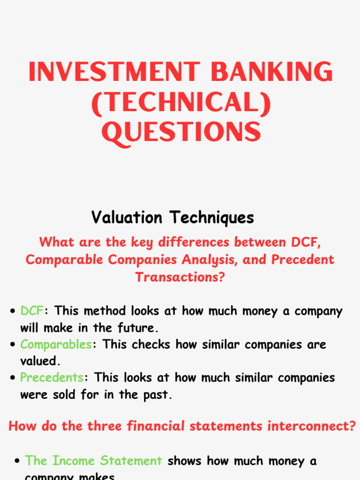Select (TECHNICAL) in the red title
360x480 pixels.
click(181, 103)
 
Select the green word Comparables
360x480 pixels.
click(56, 344)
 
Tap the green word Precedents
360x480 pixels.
click(52, 377)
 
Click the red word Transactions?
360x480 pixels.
click(180, 277)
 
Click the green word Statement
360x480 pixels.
click(131, 461)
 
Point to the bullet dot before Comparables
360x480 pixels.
click(13, 345)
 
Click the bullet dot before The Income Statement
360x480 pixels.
click(17, 462)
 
